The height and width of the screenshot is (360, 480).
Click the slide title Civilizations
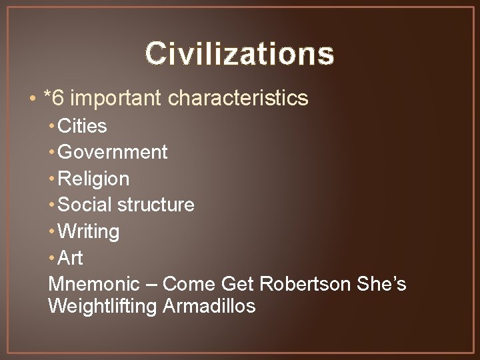[x=239, y=53]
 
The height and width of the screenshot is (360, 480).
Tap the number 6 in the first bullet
[x=58, y=99]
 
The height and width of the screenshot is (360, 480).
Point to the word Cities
[x=83, y=125]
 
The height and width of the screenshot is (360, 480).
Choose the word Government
[x=113, y=152]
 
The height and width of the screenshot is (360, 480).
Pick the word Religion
[x=94, y=179]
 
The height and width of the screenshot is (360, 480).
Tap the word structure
[x=156, y=205]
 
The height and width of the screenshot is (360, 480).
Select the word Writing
[x=89, y=232]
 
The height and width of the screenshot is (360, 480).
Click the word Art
[x=71, y=258]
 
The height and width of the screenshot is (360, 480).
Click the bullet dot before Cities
[x=53, y=125]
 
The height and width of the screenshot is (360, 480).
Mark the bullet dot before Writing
[x=53, y=232]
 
